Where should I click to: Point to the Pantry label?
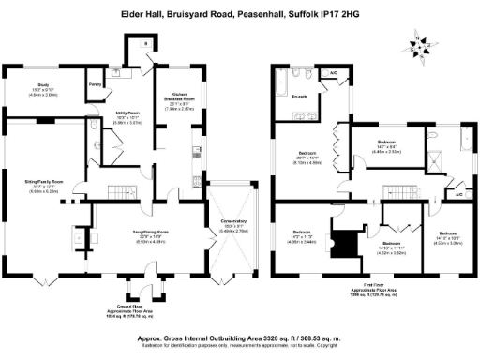tap(95, 84)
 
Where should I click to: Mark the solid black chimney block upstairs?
tap(349, 243)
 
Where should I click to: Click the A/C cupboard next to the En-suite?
tap(333, 72)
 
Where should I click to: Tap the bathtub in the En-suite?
tap(283, 89)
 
